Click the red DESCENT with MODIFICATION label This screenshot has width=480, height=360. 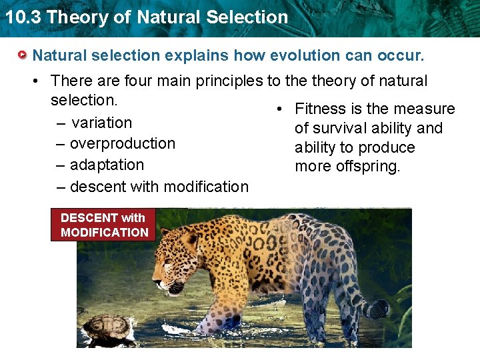pyautogui.click(x=103, y=225)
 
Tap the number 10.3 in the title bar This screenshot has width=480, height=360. pyautogui.click(x=22, y=17)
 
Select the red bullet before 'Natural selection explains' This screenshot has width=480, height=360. pyautogui.click(x=23, y=55)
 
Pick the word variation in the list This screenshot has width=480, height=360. pyautogui.click(x=101, y=123)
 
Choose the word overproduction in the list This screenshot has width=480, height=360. pyautogui.click(x=122, y=144)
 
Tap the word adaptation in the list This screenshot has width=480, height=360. pyautogui.click(x=107, y=165)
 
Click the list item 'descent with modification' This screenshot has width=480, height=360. pyautogui.click(x=159, y=187)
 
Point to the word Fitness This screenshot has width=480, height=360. pyautogui.click(x=321, y=109)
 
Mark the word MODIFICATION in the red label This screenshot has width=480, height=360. pyautogui.click(x=104, y=233)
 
